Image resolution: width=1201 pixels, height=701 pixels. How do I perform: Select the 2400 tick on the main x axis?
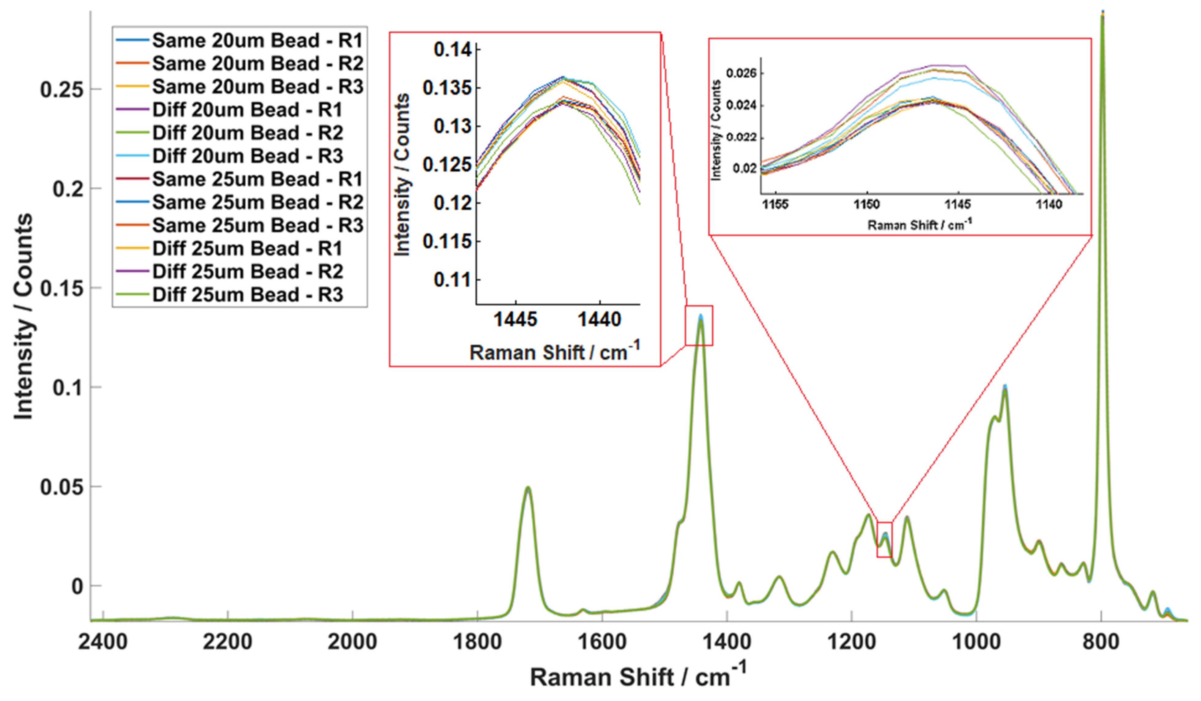103,642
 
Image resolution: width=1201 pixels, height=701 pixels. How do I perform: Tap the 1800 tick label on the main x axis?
477,642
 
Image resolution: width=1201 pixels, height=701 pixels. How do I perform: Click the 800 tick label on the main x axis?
1101,642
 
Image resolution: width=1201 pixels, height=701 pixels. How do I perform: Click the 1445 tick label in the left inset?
516,319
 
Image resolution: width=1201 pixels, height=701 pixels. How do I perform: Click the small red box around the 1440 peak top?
699,326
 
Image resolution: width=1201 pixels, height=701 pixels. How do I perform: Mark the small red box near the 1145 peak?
885,539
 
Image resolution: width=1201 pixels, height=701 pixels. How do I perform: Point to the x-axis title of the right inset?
919,225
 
